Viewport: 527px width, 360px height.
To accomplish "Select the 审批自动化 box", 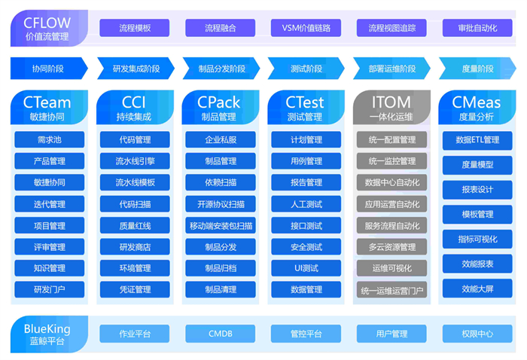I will point(477,28).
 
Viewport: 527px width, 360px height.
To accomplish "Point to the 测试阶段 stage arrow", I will point(306,69).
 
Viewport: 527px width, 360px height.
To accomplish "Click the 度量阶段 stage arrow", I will point(477,69).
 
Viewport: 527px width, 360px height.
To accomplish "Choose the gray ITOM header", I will point(391,107).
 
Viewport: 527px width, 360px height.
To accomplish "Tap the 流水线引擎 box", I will point(135,161).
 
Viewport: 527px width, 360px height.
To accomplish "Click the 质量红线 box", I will point(135,225).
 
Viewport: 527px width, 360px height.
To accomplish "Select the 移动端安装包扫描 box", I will point(221,225).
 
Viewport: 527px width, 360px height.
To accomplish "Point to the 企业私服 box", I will point(221,140).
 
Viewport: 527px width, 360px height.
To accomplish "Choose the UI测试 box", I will point(306,268).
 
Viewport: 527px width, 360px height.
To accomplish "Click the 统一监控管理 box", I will point(391,161).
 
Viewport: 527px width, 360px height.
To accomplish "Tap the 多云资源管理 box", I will point(391,246).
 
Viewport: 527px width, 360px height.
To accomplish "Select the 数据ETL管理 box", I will point(477,140).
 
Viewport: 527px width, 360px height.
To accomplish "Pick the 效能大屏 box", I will point(477,288).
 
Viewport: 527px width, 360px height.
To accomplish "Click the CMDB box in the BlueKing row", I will point(221,334).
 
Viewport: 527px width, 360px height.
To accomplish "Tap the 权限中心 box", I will point(477,334).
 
